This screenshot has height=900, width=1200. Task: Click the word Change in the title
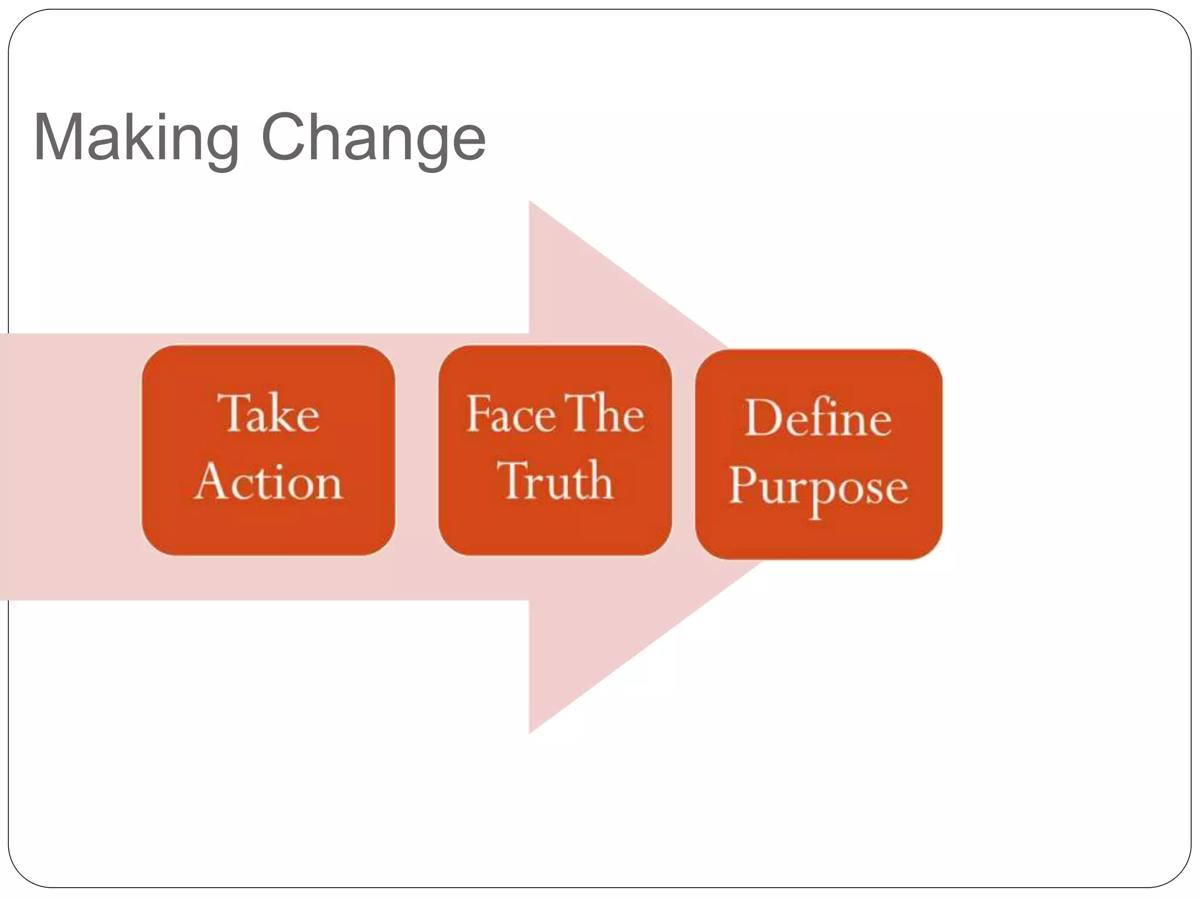click(x=373, y=138)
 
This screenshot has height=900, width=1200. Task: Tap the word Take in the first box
click(x=269, y=413)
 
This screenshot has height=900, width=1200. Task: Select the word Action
click(x=269, y=481)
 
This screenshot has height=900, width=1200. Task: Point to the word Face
click(x=510, y=414)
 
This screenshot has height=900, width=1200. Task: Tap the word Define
click(x=818, y=418)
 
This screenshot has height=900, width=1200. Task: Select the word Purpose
click(x=818, y=486)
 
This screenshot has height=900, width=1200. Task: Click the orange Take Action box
click(x=269, y=527)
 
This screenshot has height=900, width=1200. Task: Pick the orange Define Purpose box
click(x=818, y=533)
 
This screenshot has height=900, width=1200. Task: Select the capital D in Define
click(x=762, y=418)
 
